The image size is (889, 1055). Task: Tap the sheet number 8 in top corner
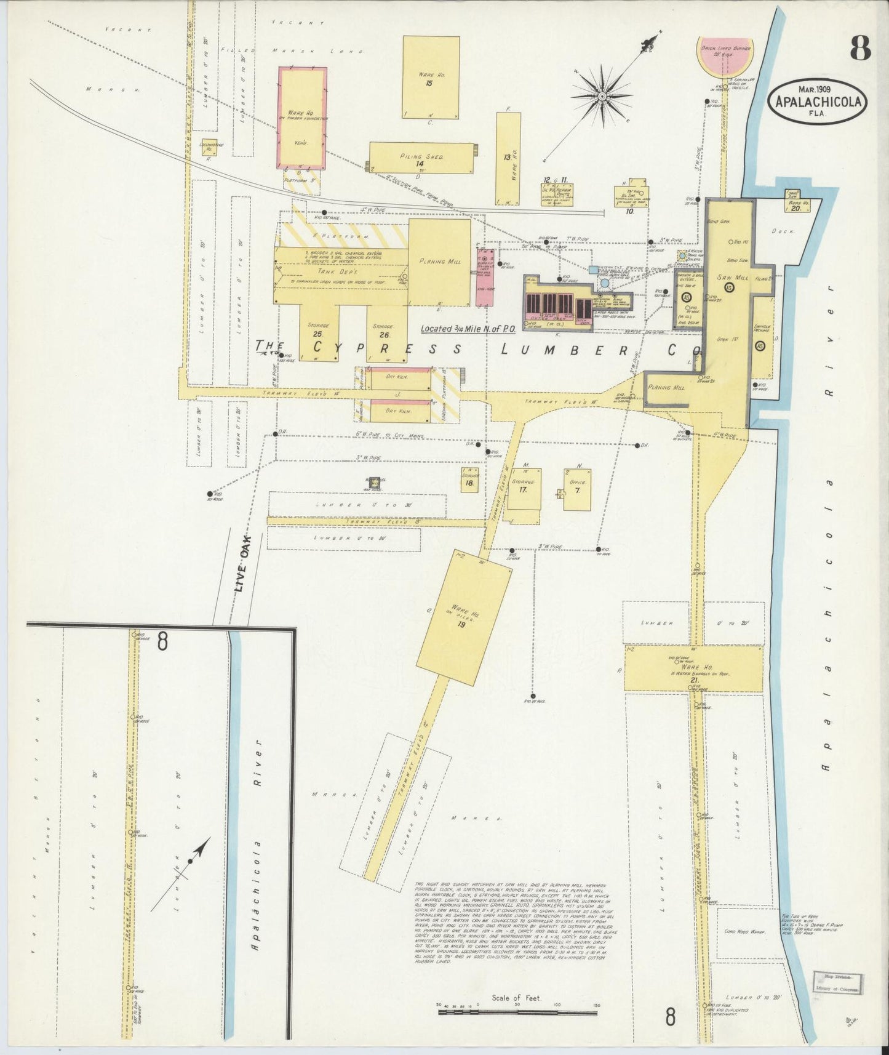click(x=860, y=47)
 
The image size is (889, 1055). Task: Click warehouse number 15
click(x=431, y=78)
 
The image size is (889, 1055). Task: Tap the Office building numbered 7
click(x=578, y=490)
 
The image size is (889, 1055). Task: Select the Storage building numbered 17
click(x=524, y=490)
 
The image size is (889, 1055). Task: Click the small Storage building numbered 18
click(x=469, y=480)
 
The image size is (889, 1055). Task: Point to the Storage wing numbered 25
click(x=319, y=331)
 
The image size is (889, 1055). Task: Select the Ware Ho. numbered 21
click(x=693, y=668)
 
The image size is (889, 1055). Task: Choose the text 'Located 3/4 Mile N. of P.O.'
click(x=468, y=329)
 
